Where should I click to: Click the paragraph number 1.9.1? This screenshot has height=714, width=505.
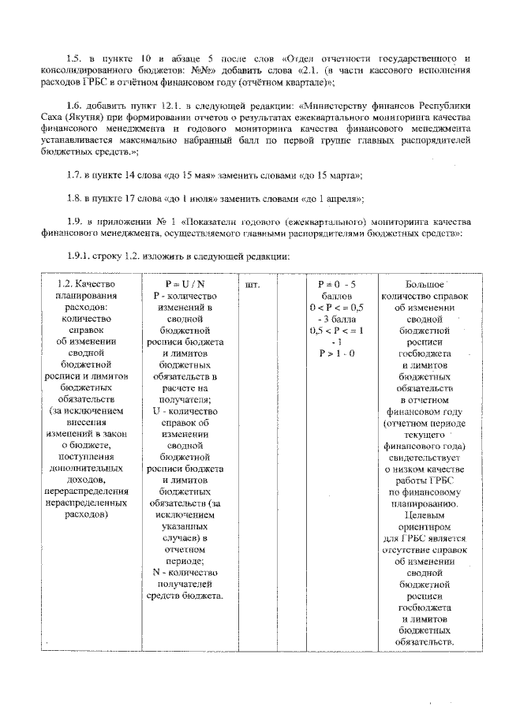80,256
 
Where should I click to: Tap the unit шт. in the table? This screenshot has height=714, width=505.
253,283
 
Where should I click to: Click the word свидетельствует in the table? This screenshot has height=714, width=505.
425,458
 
